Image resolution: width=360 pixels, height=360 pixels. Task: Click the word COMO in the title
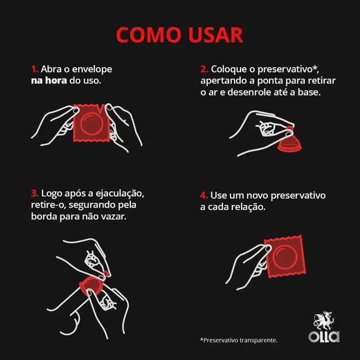point(148,35)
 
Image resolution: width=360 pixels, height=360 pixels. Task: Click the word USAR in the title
point(215,35)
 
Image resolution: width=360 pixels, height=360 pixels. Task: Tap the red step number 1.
point(34,69)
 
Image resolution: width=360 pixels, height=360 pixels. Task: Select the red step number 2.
point(204,69)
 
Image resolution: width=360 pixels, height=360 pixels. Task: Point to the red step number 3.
point(35,193)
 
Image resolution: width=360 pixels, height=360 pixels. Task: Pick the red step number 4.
point(204,195)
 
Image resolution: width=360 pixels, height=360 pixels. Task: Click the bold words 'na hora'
point(49,81)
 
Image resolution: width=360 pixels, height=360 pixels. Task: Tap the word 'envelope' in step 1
point(92,69)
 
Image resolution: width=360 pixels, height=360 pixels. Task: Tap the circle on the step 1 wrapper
point(91,124)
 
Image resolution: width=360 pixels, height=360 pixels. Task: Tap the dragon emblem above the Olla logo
point(324,321)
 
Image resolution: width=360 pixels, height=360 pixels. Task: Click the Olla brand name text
point(323,337)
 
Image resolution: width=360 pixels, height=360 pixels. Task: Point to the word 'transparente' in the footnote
point(259,340)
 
